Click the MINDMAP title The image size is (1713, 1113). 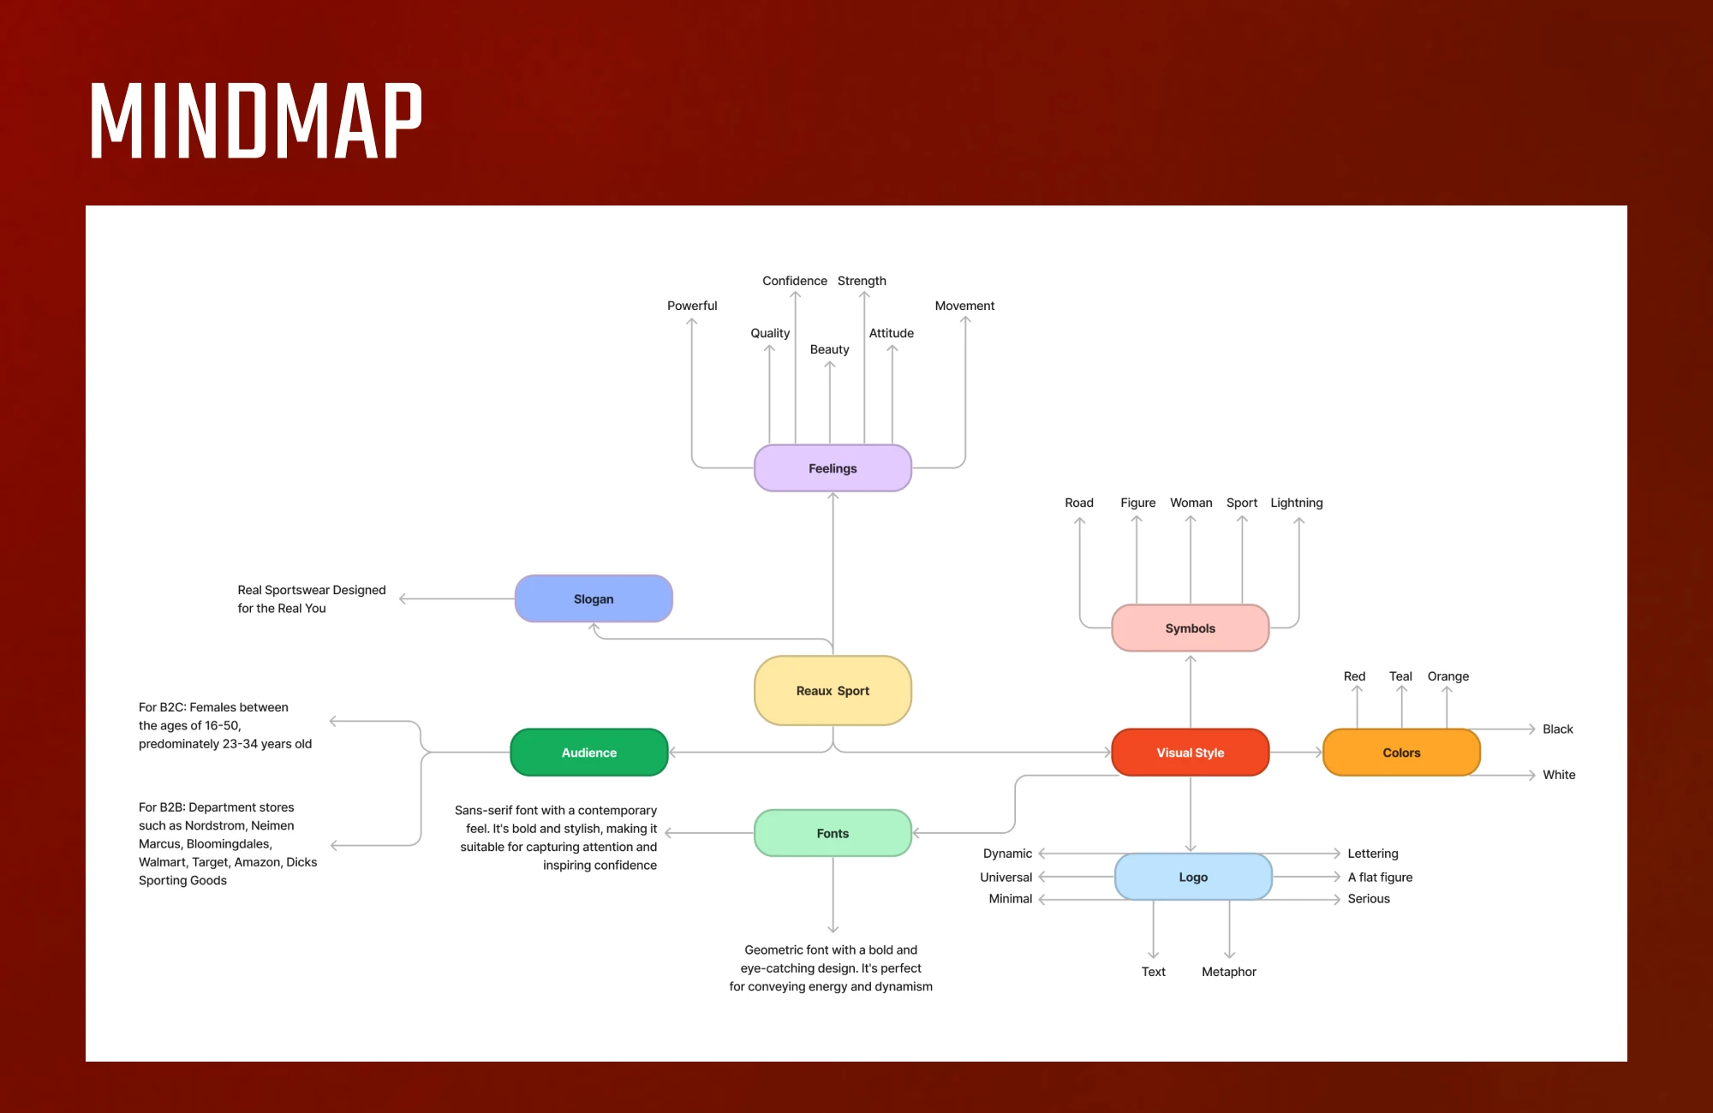point(256,121)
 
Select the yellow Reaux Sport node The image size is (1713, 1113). point(833,691)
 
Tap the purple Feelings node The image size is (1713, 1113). point(833,468)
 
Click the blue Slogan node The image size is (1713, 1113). point(594,599)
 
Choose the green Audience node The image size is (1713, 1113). point(589,753)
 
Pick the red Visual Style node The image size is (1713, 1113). point(1191,753)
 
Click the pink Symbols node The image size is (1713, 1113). point(1191,628)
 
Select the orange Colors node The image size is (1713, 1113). point(1401,753)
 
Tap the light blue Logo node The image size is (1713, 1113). point(1193,878)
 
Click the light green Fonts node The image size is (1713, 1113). point(833,833)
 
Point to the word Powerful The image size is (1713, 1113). point(692,306)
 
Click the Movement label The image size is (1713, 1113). point(964,306)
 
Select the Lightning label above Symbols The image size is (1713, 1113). point(1297,503)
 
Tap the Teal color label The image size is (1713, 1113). point(1400,676)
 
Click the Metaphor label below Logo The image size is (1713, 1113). point(1229,972)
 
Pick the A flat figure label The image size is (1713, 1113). point(1380,878)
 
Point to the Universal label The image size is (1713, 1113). point(1006,878)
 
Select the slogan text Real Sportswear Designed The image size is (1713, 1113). point(312,590)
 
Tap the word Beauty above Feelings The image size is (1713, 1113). point(829,349)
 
